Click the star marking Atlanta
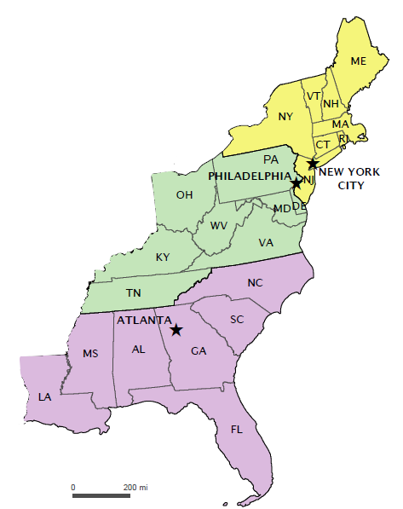176,329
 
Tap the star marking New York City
313,163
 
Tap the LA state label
44,396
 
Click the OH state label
184,194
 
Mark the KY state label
162,257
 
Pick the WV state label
219,225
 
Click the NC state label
255,282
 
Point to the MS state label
90,353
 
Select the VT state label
314,95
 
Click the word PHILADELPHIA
248,175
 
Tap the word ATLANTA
141,322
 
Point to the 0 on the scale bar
73,486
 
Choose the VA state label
266,242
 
